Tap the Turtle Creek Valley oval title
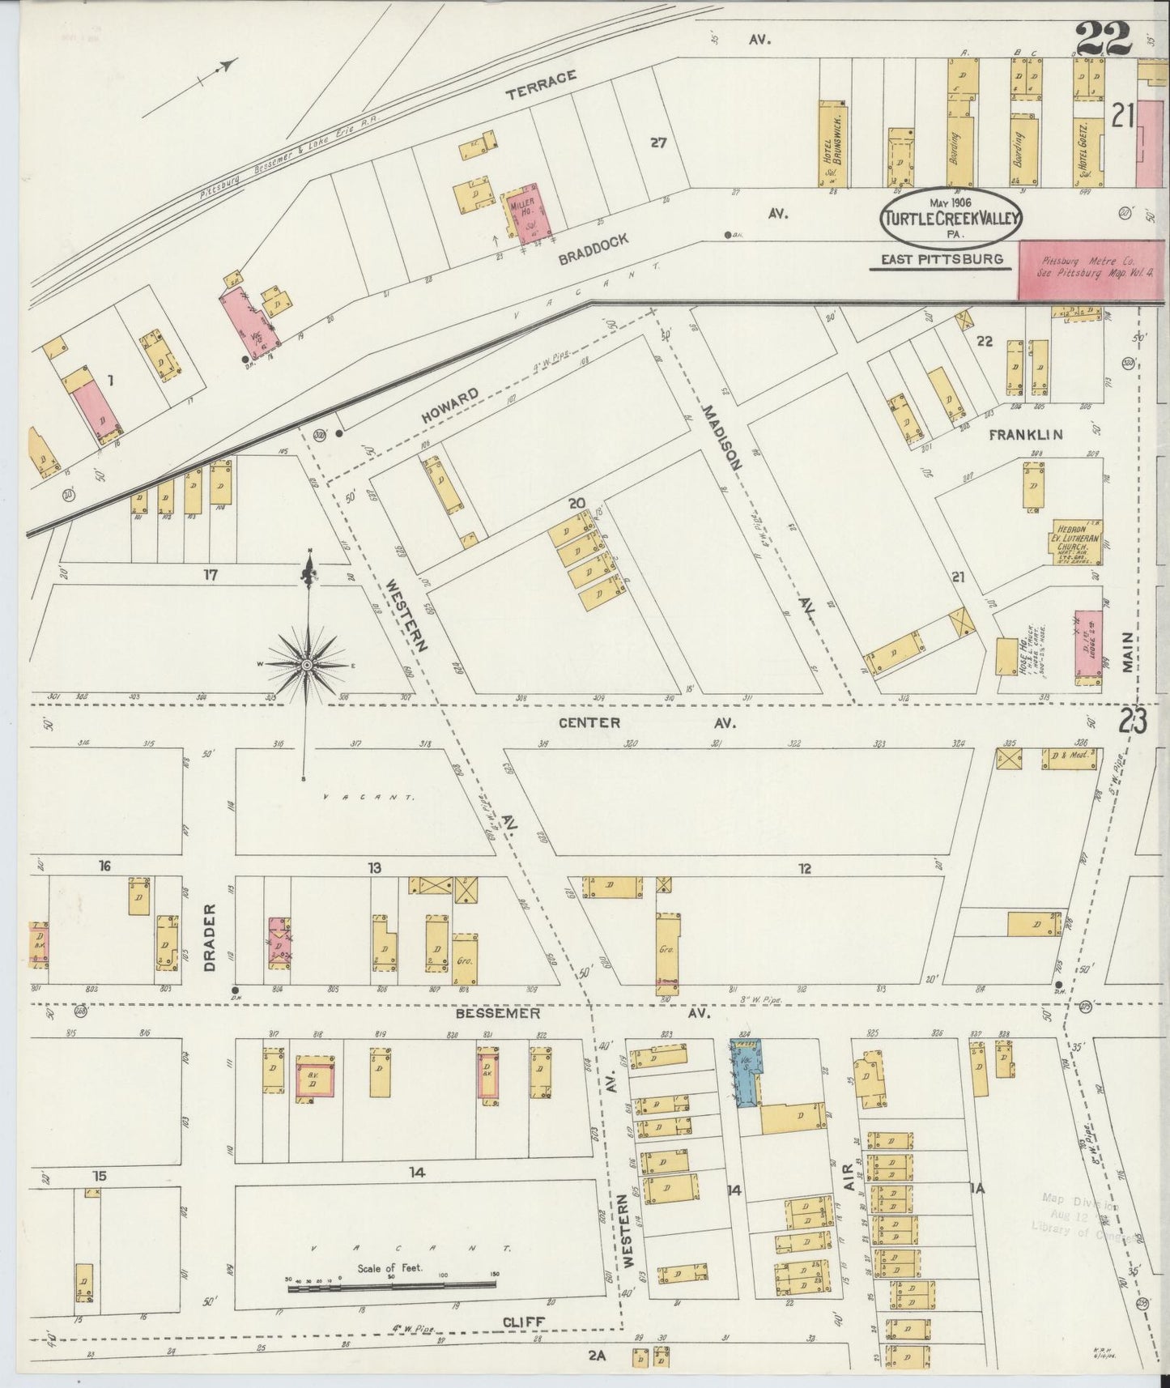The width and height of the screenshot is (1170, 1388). click(x=950, y=216)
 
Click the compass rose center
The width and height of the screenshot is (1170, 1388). click(x=307, y=664)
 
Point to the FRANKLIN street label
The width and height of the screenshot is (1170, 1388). click(x=1026, y=434)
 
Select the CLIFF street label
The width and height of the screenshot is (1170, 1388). click(x=523, y=1322)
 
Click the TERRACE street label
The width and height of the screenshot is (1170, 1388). click(x=541, y=83)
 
